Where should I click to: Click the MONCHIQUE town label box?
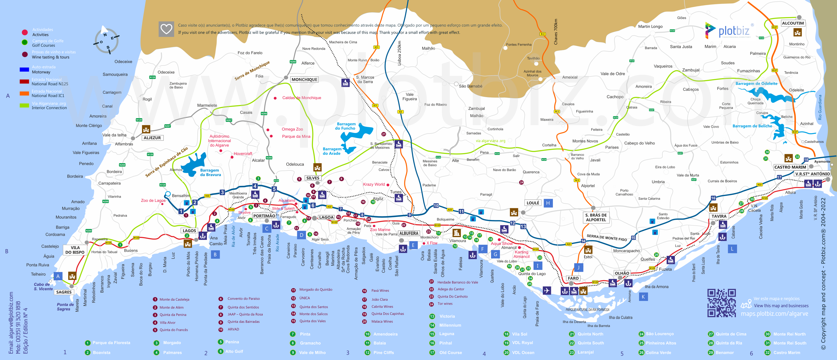[304, 80]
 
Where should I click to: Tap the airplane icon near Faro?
[546, 290]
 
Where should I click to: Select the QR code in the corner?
[721, 303]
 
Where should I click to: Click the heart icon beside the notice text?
[166, 29]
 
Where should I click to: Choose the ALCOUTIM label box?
[793, 23]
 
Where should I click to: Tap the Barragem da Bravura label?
[210, 172]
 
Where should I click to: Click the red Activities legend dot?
[25, 32]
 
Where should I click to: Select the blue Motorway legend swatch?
[24, 69]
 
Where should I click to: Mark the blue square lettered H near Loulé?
[548, 203]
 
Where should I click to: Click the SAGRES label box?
[64, 292]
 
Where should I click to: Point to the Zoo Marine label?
[380, 230]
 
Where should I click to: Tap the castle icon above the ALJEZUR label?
[146, 129]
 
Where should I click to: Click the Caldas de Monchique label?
[301, 98]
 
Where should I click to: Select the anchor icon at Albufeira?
[403, 249]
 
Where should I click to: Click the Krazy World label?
[374, 184]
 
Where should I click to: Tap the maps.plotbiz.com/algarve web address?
[774, 314]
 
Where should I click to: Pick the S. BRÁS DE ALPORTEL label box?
[596, 217]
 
